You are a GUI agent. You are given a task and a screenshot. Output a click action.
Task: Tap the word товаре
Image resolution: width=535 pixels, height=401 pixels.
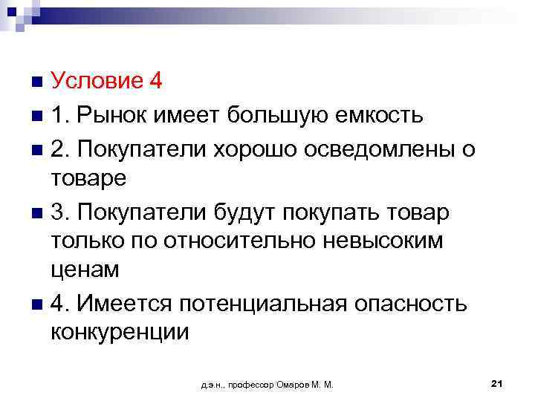[89, 179]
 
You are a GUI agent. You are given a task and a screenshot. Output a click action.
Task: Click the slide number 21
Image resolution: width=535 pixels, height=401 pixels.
[498, 382]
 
